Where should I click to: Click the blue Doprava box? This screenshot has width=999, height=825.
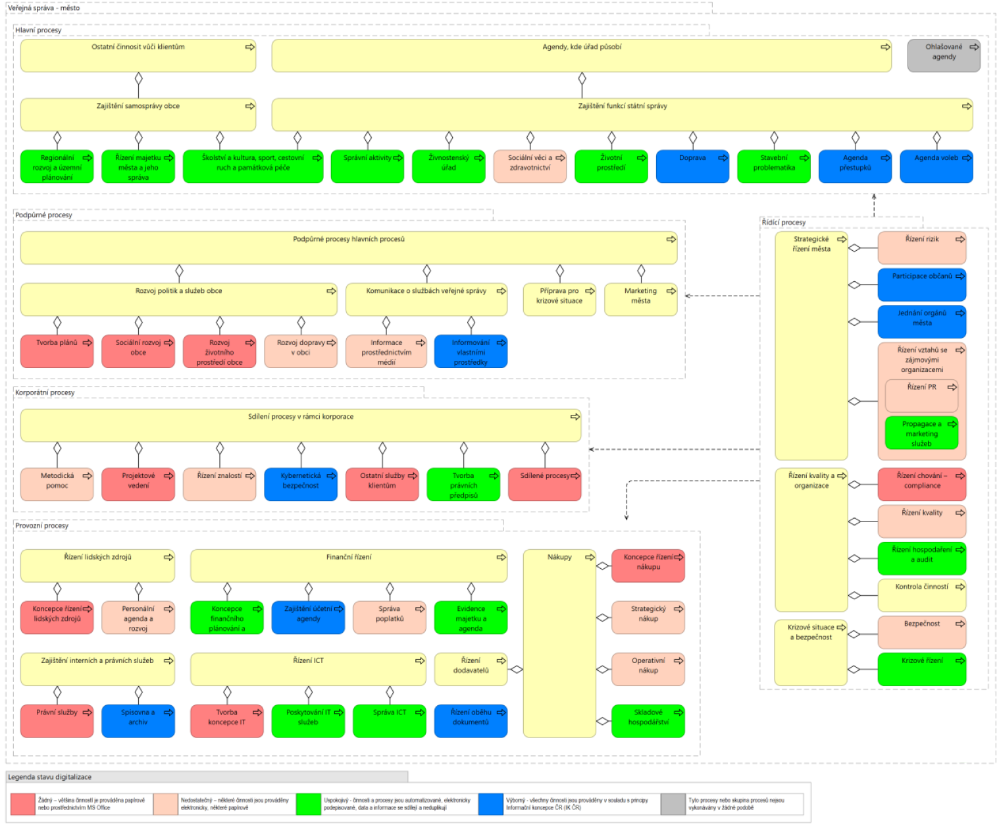coord(692,166)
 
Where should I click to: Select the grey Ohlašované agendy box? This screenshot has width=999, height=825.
coord(943,55)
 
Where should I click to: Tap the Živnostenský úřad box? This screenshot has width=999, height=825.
coord(448,166)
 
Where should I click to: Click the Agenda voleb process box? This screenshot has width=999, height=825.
coord(936,166)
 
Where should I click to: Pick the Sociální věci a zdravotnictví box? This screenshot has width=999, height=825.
coord(530,166)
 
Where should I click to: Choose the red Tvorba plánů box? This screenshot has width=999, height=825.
coord(57,351)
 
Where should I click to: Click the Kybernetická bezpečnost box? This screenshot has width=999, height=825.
coord(300,484)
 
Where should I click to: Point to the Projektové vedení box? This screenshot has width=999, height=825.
coord(138,484)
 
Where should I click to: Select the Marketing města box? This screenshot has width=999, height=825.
coord(640,300)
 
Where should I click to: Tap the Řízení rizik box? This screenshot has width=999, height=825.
coord(921,247)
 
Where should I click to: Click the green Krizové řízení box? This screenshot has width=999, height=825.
coord(921,668)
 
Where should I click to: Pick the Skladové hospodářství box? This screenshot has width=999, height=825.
coord(648,720)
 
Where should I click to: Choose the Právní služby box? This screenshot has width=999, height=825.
coord(57,720)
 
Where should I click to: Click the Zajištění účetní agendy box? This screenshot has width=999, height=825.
coord(308,617)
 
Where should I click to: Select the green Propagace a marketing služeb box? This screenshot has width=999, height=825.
coord(921,433)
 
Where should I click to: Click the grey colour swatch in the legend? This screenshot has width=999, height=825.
coord(673,804)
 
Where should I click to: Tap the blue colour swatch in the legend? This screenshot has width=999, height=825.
coord(490,804)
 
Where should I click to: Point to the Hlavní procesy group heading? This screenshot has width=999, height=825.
coord(38,30)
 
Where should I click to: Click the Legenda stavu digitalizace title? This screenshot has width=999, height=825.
coord(50,777)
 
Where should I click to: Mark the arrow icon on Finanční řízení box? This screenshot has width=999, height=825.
coord(501,557)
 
